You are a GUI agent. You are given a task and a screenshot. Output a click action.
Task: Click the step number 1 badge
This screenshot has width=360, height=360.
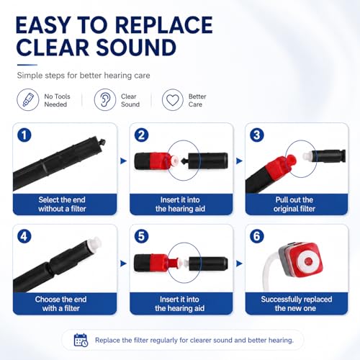click(24, 135)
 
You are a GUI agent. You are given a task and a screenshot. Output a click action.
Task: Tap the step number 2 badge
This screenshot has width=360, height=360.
click(141, 135)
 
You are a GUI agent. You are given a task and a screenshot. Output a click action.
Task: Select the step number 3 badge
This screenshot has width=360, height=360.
click(257, 135)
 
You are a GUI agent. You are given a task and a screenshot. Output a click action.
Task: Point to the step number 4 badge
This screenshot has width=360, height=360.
click(24, 236)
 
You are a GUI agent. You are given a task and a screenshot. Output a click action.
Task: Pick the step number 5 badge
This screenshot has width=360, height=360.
click(141, 236)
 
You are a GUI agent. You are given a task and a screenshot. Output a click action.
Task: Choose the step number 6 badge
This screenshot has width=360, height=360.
click(257, 236)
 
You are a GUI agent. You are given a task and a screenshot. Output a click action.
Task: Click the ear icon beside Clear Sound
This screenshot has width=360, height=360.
click(105, 99)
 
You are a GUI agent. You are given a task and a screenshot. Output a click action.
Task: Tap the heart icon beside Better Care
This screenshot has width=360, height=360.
click(173, 99)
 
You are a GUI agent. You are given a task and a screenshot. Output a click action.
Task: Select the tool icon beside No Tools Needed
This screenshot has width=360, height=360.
click(28, 99)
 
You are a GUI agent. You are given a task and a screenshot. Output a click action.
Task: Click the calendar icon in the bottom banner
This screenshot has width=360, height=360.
click(81, 340)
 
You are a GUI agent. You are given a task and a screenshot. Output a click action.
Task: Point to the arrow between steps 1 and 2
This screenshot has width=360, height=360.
click(123, 161)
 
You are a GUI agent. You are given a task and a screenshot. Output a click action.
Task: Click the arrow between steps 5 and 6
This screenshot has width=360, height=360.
click(239, 264)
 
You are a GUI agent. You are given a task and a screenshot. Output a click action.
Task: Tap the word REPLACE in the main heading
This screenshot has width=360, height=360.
click(164, 25)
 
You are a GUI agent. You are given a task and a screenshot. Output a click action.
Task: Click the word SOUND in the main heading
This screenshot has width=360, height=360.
click(136, 47)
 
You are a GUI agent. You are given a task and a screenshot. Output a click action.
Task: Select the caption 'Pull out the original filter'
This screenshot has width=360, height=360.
click(294, 204)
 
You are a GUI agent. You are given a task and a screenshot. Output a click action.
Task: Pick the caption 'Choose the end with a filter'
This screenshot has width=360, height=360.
click(60, 304)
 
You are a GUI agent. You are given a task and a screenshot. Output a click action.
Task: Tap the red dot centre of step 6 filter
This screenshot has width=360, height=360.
click(308, 260)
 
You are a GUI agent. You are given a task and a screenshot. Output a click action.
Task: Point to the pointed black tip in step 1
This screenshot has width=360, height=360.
click(102, 141)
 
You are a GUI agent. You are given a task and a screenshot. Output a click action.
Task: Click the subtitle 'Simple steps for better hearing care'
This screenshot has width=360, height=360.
click(84, 76)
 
